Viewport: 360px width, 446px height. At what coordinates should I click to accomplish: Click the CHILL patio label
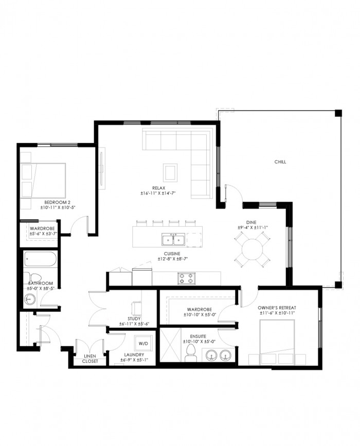coord(280,162)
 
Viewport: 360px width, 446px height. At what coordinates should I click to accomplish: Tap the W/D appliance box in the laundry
coord(143,343)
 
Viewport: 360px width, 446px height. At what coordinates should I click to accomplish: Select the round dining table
coord(252,249)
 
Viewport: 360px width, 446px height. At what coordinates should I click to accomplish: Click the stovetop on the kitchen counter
coord(187,278)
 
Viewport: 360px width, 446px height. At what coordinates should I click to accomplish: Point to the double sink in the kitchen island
coord(173,240)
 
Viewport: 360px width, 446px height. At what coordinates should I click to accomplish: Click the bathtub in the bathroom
coord(40,259)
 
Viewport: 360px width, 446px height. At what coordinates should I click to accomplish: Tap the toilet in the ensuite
coord(190,353)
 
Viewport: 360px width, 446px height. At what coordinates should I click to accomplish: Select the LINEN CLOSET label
coord(90,359)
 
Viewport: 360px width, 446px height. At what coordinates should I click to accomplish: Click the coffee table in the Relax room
coord(170,173)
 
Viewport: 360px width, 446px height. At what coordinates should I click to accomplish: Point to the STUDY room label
coord(134,319)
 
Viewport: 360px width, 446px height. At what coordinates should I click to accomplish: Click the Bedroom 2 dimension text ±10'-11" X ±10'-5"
coord(58,208)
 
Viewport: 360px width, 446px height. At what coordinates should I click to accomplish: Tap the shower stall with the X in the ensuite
coord(170,345)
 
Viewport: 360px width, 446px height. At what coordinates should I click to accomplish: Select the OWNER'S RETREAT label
coord(277,308)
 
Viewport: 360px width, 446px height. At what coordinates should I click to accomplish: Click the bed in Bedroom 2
coord(43,181)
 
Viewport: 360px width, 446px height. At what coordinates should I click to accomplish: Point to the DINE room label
coord(251,222)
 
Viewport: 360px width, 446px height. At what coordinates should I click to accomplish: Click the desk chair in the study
coord(136,308)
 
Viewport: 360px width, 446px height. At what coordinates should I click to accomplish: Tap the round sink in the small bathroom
coord(30,299)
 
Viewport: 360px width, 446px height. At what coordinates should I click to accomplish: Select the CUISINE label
coord(172,254)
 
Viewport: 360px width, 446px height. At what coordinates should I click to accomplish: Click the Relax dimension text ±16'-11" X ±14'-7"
coord(158,193)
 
